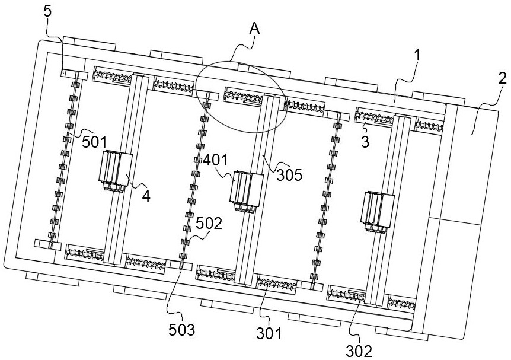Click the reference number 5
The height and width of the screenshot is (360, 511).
[x=47, y=11]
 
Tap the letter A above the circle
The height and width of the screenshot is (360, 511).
[x=254, y=28]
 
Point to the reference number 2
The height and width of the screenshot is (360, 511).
[x=503, y=79]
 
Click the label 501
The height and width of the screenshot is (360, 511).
[x=94, y=142]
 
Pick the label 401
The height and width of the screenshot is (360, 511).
[x=216, y=160]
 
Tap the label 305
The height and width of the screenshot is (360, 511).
[x=289, y=175]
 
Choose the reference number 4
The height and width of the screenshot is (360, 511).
[x=146, y=196]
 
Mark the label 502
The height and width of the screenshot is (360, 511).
[x=209, y=224]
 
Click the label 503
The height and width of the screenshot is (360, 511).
[x=181, y=330]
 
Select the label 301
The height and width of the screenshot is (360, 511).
[x=269, y=333]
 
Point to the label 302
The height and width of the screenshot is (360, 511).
[x=359, y=351]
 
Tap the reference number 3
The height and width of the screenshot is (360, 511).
[x=365, y=142]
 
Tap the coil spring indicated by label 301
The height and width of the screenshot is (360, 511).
[x=277, y=285]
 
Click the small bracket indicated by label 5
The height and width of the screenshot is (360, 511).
[x=75, y=75]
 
